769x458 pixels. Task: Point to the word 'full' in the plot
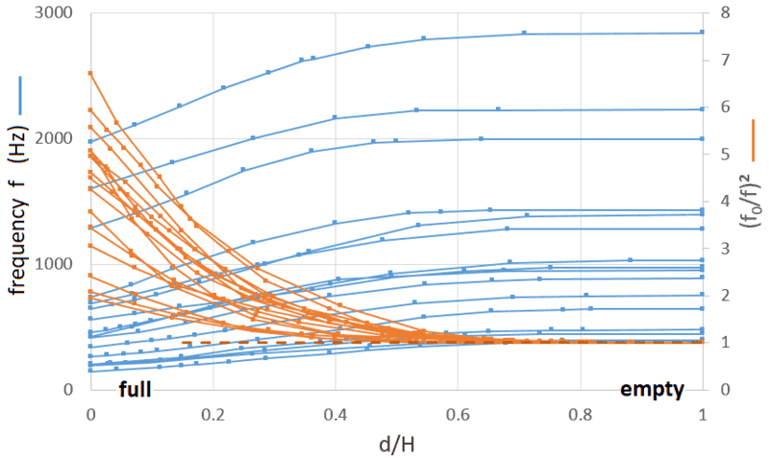click(136, 390)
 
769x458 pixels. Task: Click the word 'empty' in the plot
click(652, 390)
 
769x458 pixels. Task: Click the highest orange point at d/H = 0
click(90, 73)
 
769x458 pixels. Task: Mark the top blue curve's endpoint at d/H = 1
click(703, 33)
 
